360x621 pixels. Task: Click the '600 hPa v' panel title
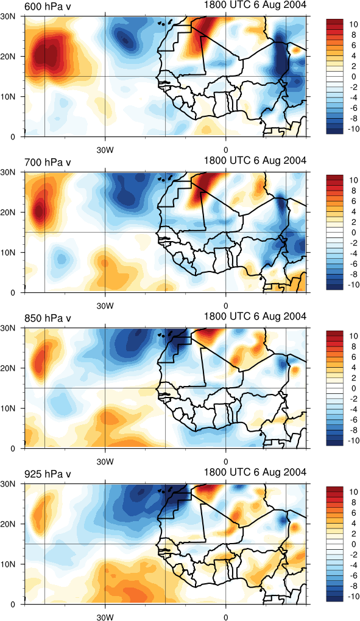[48, 7]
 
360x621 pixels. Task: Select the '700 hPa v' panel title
[48, 163]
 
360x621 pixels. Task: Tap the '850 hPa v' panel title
[48, 318]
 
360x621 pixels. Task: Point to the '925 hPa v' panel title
[48, 474]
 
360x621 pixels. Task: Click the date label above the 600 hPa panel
[255, 4]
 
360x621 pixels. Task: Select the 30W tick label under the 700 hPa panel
[105, 306]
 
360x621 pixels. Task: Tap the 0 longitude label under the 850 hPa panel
[226, 462]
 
